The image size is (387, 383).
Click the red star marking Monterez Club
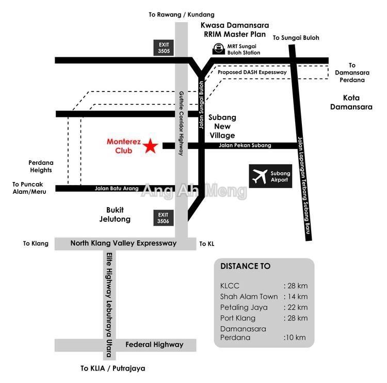click(150, 146)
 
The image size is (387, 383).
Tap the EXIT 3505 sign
click(164, 48)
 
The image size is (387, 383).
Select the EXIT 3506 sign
click(163, 218)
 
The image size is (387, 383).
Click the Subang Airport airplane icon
click(260, 176)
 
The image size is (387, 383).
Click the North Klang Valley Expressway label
click(123, 243)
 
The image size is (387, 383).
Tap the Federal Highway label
click(154, 345)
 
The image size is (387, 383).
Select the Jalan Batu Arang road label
click(117, 189)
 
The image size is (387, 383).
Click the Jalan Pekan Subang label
click(245, 146)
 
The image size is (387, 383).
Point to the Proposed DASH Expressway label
click(252, 72)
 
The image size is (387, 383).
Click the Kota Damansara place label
click(350, 102)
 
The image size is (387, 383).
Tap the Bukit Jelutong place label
click(115, 215)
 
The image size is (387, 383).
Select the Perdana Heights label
click(41, 166)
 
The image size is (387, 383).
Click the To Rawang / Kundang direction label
click(181, 14)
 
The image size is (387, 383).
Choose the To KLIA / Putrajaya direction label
click(112, 369)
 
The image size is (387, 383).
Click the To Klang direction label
click(36, 243)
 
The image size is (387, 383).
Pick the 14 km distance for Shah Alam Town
click(296, 297)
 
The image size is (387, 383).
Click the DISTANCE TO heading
click(245, 267)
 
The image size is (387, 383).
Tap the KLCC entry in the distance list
click(230, 286)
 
